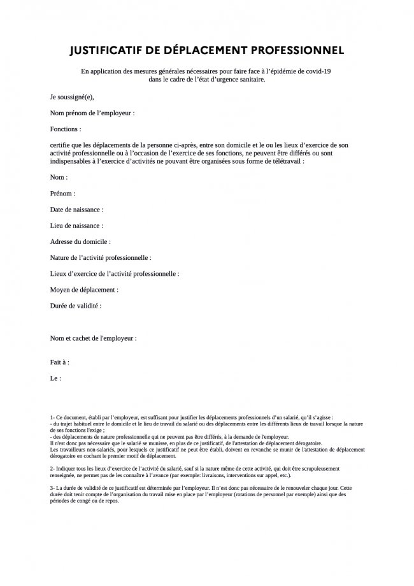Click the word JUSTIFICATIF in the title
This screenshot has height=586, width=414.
[107, 50]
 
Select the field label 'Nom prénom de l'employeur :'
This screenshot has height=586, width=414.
[92, 113]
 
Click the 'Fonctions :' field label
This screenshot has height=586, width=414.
[66, 129]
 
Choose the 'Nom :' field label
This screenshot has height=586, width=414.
[59, 178]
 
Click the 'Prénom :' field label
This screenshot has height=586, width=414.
[62, 194]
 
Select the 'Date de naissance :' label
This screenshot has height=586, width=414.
[76, 210]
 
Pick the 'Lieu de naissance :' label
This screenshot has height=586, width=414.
[76, 225]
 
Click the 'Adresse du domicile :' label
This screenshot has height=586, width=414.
[80, 242]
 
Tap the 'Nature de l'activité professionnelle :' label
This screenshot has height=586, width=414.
[101, 258]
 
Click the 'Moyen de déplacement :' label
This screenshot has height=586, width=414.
[84, 290]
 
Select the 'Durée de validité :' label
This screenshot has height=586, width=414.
[76, 306]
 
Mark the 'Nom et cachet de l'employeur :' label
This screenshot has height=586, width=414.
[94, 338]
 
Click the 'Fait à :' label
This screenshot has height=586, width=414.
[60, 362]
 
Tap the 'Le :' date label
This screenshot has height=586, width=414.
[55, 378]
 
